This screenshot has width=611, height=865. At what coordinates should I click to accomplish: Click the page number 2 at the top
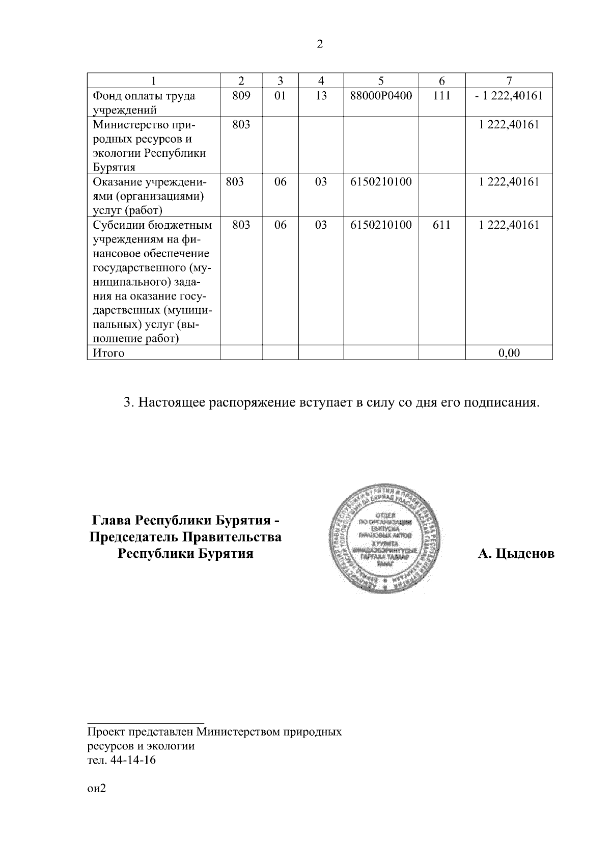coord(320,44)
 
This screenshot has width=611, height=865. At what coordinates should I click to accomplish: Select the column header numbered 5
coord(381,80)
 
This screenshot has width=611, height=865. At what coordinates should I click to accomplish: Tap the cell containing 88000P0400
coord(381,96)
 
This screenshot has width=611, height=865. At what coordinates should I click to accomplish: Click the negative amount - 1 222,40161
coord(509,96)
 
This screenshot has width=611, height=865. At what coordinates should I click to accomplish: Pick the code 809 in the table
coord(241,96)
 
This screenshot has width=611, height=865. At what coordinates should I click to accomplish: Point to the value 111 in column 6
coord(441,96)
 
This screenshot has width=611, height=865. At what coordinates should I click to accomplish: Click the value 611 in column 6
coord(441,225)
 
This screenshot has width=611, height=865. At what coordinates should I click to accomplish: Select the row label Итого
coord(108,353)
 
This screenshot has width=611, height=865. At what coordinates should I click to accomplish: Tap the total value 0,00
coord(509,353)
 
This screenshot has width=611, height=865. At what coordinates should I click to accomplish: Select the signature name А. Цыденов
coord(516,554)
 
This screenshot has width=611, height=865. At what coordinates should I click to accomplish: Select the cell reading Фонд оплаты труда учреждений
coord(143,102)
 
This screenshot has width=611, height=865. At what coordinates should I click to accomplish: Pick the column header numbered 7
coord(509,80)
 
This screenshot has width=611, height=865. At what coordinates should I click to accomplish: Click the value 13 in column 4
coord(321,96)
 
